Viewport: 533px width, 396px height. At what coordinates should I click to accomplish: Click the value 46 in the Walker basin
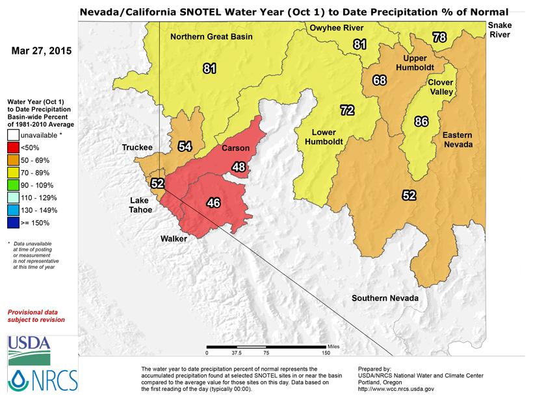point(213,203)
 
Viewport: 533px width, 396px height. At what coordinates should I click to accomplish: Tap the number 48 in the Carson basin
point(239,167)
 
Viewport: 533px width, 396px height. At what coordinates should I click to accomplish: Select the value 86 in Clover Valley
point(422,121)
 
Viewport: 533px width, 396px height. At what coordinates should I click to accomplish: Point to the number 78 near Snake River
point(439,38)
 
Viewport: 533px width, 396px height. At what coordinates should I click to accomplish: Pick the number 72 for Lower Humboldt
point(347,110)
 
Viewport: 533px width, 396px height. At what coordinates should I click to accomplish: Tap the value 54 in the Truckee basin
point(185,146)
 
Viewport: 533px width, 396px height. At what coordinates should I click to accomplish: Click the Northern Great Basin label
point(211,36)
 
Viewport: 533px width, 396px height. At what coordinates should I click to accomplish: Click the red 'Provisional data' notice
point(36,316)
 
